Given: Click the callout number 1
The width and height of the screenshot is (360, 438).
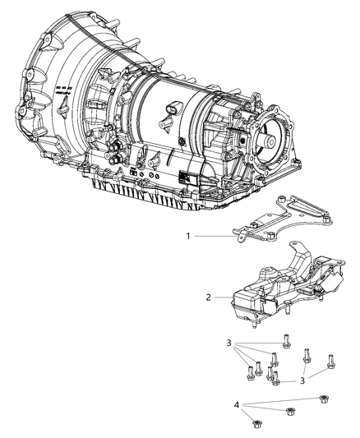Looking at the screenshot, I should coord(188,236).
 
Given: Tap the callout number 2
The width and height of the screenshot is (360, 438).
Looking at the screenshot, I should coord(209,296).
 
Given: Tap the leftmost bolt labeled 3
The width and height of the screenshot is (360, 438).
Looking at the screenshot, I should coord(247,371).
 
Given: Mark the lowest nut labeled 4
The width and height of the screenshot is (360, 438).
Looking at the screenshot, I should coord(255,423).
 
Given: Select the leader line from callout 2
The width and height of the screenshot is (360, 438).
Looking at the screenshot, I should coord(224,296).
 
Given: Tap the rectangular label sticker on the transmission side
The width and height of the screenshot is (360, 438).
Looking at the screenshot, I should coord(183,174).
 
